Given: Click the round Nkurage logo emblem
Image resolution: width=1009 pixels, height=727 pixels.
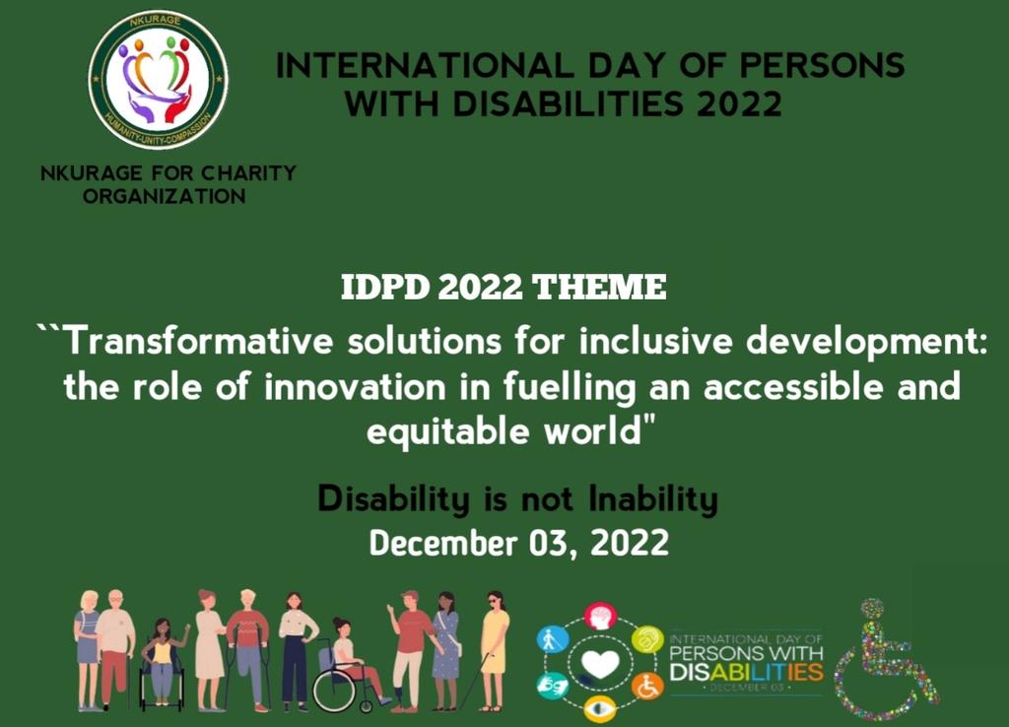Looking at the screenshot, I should [158, 79].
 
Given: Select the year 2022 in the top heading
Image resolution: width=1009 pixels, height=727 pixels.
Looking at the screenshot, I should [739, 103].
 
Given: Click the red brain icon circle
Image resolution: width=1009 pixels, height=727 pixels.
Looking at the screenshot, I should [599, 617].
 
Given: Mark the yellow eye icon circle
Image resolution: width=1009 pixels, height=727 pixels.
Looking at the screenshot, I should [599, 707].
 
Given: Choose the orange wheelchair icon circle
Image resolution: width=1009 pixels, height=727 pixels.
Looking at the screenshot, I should [646, 686].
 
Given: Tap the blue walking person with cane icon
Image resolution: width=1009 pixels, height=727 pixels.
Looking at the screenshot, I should [552, 639].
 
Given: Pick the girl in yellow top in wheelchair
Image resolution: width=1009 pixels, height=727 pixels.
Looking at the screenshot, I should [162, 665].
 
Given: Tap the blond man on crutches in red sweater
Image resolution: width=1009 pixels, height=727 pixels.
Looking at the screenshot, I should [246, 645].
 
